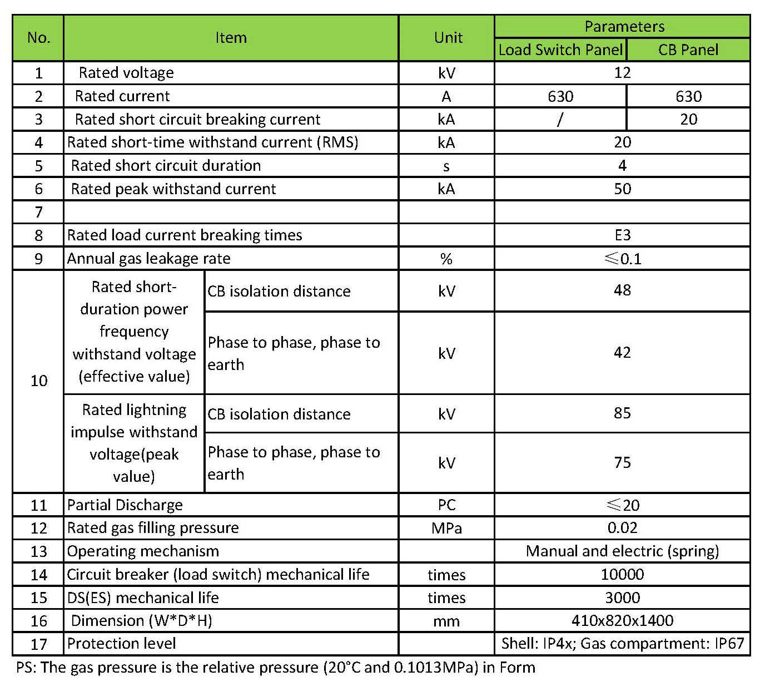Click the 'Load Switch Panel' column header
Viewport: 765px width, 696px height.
pyautogui.click(x=560, y=50)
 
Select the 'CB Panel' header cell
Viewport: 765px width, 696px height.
pyautogui.click(x=688, y=50)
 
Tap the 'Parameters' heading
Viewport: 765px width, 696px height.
pyautogui.click(x=624, y=27)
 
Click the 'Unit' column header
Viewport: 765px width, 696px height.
pyautogui.click(x=448, y=38)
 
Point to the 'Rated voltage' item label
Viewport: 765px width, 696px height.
pyautogui.click(x=126, y=73)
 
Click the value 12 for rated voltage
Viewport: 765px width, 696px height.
pyautogui.click(x=622, y=73)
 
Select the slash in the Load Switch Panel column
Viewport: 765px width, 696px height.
pyautogui.click(x=560, y=119)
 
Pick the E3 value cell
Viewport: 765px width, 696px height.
pyautogui.click(x=622, y=235)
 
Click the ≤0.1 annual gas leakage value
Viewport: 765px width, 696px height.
pyautogui.click(x=623, y=259)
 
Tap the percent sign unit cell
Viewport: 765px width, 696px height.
pyautogui.click(x=446, y=259)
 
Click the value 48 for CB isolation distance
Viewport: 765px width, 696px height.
pyautogui.click(x=622, y=290)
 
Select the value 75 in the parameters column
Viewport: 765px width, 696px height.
pyautogui.click(x=622, y=463)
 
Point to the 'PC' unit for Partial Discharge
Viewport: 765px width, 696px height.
pyautogui.click(x=446, y=505)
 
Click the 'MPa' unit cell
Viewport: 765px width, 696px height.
pyautogui.click(x=446, y=528)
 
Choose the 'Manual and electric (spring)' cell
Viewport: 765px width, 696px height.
pyautogui.click(x=622, y=551)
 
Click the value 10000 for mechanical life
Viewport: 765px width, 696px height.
pyautogui.click(x=622, y=575)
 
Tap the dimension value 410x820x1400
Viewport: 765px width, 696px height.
pyautogui.click(x=622, y=621)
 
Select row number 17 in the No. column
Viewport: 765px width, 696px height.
pyautogui.click(x=38, y=644)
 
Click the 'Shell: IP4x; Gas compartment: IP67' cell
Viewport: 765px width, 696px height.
pyautogui.click(x=622, y=644)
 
